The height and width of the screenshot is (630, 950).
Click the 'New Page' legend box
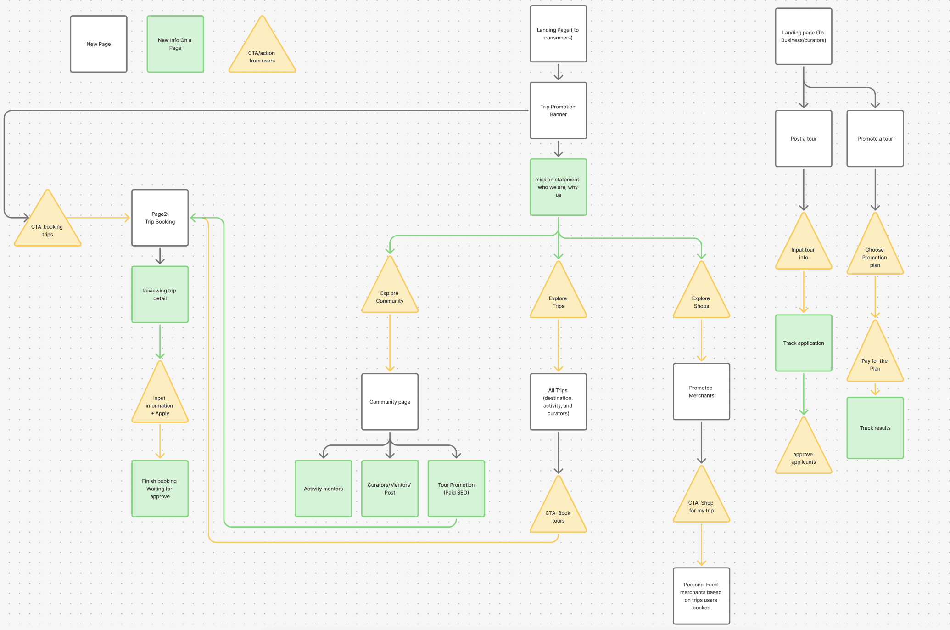point(99,44)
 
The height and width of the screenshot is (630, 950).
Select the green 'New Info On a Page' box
point(175,44)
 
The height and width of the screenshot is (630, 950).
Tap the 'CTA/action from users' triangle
point(262,53)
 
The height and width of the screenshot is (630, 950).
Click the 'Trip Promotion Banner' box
point(558,111)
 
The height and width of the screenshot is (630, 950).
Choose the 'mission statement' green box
point(558,187)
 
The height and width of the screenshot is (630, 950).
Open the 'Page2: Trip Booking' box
point(160,218)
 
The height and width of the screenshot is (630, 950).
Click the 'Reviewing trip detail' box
point(160,294)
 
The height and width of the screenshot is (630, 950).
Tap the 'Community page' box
point(390,402)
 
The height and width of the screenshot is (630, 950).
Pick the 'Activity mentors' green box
point(324,489)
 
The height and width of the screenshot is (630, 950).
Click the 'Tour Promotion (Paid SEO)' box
point(456,489)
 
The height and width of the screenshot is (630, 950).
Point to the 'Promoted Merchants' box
point(701,392)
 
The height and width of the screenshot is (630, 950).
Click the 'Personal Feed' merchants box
point(701,596)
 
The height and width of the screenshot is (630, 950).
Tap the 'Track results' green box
point(875,428)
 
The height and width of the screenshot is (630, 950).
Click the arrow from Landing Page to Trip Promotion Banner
point(558,72)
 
